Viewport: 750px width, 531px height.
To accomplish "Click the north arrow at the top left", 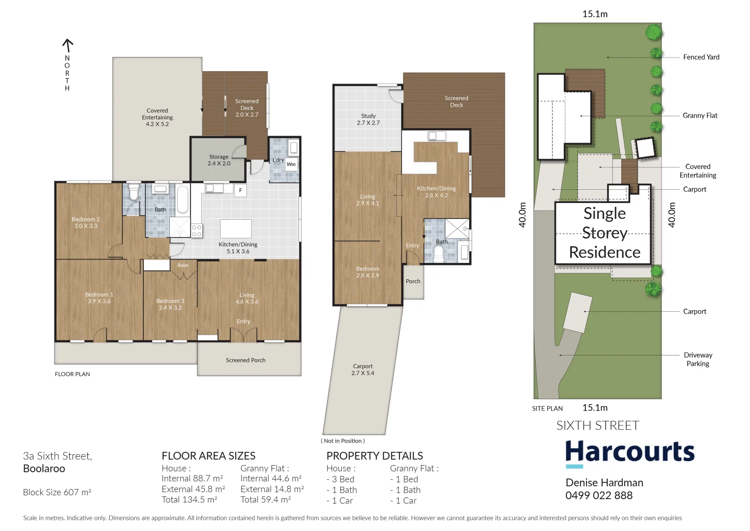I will tap(67, 46).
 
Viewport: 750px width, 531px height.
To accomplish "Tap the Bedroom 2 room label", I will tap(85, 223).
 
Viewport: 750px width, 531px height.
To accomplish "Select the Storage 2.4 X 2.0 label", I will tap(219, 160).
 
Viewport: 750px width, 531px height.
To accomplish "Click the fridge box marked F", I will tap(240, 190).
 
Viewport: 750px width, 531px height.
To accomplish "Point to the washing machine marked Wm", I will tap(291, 164).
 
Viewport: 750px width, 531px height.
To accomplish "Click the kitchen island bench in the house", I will tap(236, 229).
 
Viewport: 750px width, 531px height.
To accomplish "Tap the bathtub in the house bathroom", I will tap(182, 200).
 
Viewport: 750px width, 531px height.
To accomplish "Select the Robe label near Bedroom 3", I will tap(183, 265).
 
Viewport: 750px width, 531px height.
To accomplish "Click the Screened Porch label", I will tap(246, 360).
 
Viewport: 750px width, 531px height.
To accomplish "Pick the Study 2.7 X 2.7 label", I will tap(368, 119).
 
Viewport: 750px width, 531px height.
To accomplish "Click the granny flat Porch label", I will tap(413, 282).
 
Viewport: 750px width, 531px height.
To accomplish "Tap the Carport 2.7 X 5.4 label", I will tap(362, 370).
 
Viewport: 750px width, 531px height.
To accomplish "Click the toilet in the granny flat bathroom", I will tap(439, 254).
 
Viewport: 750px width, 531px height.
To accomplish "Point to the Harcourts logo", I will tap(630, 452).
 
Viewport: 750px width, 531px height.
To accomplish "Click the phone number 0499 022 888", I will tap(599, 496).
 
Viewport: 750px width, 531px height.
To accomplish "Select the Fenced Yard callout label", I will tap(701, 58).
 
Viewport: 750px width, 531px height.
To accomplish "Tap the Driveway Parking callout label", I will tap(698, 359).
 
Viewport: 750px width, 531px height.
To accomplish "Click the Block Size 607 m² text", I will tap(57, 492).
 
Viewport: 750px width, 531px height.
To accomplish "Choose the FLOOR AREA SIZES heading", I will tap(208, 456).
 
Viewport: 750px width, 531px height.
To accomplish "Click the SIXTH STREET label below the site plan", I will tap(597, 426).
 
